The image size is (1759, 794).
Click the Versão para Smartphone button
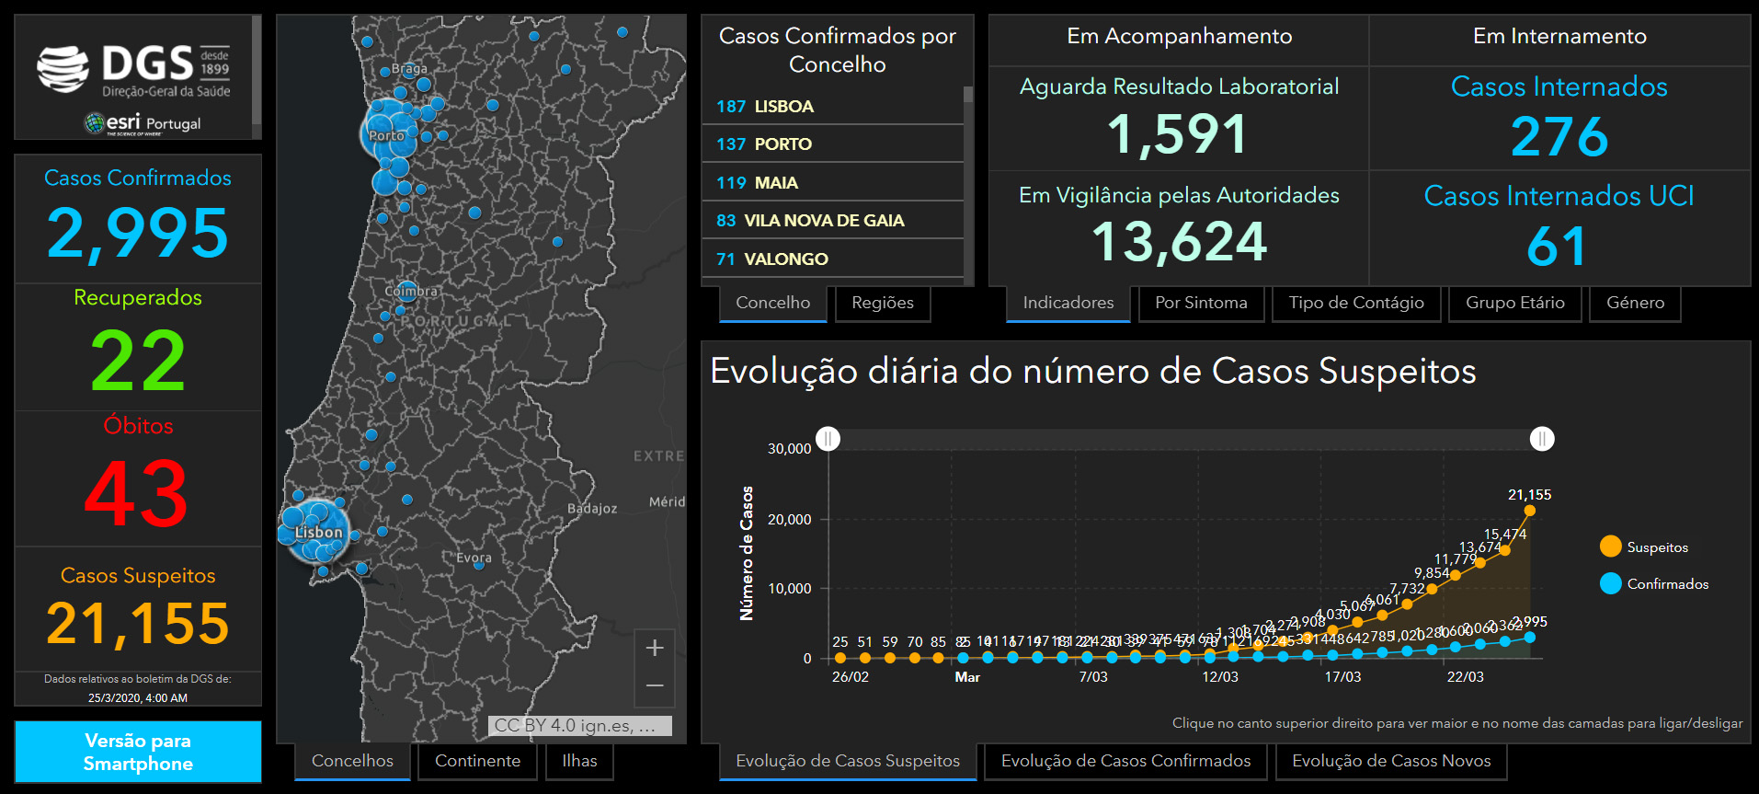(138, 752)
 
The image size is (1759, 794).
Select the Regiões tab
(883, 303)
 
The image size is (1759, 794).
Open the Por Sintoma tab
(1201, 303)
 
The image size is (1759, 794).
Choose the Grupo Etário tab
(1514, 303)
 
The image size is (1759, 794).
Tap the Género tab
(1635, 303)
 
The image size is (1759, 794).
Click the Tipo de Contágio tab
(1356, 303)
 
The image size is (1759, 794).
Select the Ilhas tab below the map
(579, 761)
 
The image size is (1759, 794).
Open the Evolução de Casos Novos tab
(1391, 761)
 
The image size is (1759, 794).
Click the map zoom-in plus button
(655, 648)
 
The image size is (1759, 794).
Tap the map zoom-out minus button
(655, 685)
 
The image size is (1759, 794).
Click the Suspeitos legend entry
(1656, 547)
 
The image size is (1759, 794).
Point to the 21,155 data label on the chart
(1529, 495)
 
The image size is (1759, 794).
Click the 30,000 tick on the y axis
(789, 449)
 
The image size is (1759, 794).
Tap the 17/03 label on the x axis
(1342, 677)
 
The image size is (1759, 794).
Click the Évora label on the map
(474, 558)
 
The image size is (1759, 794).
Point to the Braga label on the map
(409, 69)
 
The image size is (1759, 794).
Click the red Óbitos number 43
(137, 494)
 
